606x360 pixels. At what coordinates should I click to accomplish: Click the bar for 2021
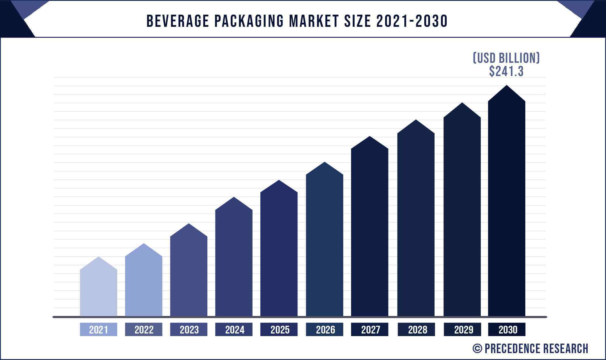point(99,291)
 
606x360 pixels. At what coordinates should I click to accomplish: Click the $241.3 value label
point(506,71)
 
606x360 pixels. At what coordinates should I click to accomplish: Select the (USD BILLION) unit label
point(506,58)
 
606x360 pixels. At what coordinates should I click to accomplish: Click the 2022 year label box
point(144,329)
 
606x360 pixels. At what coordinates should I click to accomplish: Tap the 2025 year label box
point(279,329)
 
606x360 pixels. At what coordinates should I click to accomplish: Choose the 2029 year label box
point(462,329)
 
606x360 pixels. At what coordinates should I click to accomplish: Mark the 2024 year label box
point(234,329)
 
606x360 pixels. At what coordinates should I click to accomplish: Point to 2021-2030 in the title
point(412,21)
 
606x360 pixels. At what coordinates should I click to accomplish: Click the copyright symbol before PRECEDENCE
point(477,348)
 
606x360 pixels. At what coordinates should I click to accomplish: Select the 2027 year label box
point(370,329)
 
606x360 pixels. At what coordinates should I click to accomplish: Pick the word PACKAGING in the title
point(249,21)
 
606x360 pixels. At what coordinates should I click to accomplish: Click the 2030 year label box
point(507,329)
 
